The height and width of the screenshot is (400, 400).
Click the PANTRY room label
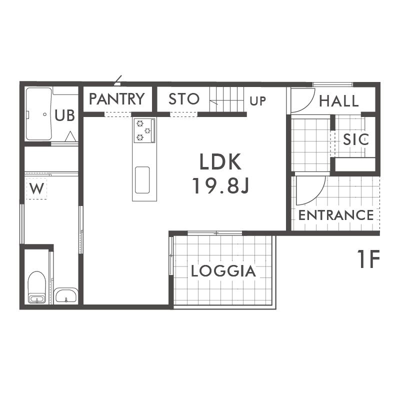(x=117, y=99)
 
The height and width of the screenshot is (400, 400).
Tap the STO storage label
(x=184, y=99)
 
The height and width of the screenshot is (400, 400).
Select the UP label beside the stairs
(x=257, y=101)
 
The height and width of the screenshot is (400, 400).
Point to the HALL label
(x=339, y=101)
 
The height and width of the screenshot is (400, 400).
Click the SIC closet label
(x=356, y=139)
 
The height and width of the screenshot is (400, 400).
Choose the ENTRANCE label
(x=336, y=215)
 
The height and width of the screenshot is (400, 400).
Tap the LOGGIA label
(x=223, y=271)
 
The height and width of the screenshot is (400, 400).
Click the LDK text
(x=220, y=161)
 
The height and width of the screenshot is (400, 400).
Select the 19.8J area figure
(x=220, y=186)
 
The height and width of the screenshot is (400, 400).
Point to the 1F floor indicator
(x=368, y=258)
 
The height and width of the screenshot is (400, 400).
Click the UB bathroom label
(x=65, y=115)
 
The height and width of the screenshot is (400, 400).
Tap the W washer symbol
(x=36, y=188)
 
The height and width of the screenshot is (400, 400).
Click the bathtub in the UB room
(x=39, y=114)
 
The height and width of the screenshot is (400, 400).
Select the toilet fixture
(x=37, y=287)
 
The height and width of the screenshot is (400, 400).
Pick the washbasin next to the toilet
(x=66, y=295)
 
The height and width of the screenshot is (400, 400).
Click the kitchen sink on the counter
(x=142, y=180)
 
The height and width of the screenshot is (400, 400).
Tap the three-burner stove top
(x=144, y=130)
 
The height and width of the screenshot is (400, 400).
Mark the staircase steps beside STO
(x=226, y=99)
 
